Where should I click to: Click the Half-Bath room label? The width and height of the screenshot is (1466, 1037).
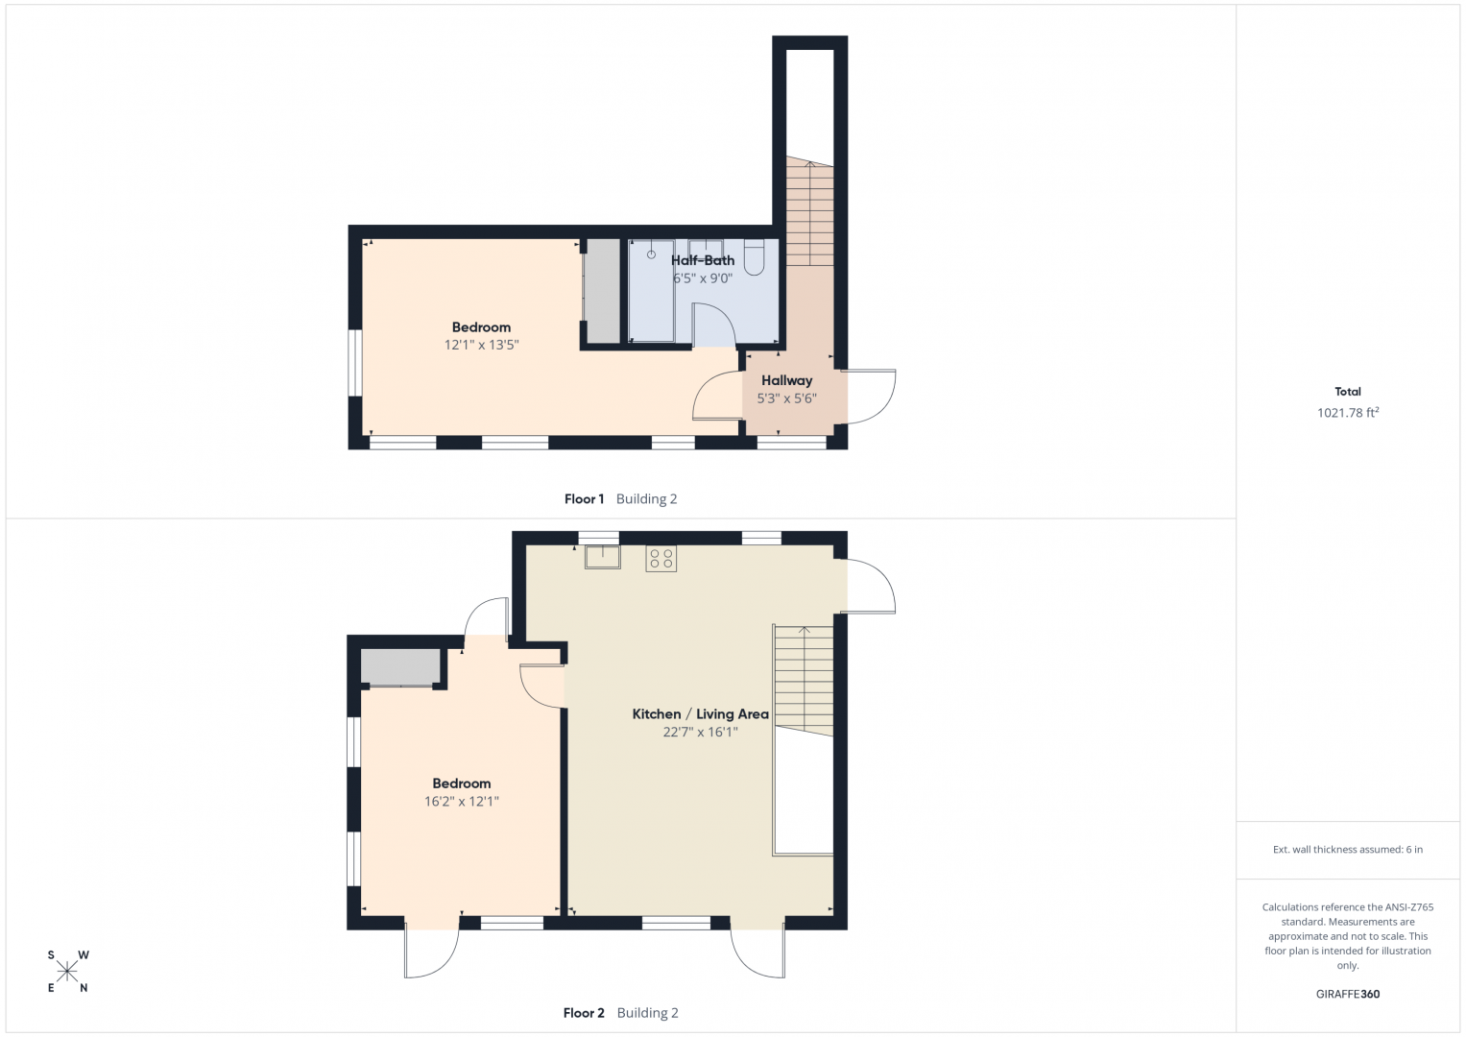(x=702, y=260)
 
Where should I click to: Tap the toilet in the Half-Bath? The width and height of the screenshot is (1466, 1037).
(x=754, y=256)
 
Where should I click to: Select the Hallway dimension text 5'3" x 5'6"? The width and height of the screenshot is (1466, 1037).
(x=786, y=398)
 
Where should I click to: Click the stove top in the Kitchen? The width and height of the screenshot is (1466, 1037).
(x=661, y=559)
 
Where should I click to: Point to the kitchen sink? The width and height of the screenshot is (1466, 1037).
(x=603, y=557)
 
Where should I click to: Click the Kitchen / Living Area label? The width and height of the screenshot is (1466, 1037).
(x=700, y=714)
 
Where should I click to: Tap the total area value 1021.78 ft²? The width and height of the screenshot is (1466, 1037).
(x=1348, y=413)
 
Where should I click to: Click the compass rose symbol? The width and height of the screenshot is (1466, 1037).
(x=67, y=972)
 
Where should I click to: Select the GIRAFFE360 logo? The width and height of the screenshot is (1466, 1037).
(x=1348, y=994)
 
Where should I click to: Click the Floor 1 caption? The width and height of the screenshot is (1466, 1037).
(x=584, y=499)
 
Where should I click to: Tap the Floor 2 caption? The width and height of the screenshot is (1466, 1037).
(x=584, y=1013)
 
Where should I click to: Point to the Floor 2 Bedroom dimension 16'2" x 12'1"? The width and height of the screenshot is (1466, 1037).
(x=462, y=802)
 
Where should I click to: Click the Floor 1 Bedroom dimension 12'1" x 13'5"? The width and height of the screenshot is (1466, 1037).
(x=481, y=345)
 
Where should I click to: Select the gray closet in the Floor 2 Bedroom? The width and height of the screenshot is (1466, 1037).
(x=400, y=666)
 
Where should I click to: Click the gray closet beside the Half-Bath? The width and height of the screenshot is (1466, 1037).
(x=602, y=291)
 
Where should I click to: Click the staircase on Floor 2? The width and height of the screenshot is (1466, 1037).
(x=804, y=681)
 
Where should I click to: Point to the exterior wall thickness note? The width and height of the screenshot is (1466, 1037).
(x=1348, y=849)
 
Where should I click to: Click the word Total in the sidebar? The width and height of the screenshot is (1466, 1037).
(x=1348, y=392)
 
